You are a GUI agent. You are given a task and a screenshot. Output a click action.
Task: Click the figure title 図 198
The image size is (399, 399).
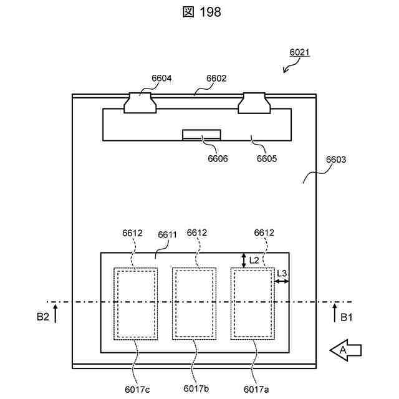pos(199,12)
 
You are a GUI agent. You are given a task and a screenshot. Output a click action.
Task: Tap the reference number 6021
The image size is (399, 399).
pos(300,53)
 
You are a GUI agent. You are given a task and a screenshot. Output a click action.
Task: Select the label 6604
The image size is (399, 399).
pos(161,79)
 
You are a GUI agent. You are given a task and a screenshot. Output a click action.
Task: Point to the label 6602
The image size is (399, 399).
pos(216,79)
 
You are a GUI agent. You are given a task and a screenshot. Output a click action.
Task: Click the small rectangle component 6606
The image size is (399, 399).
pos(201,135)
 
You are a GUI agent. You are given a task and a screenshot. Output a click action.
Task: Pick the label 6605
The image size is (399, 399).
pos(268,158)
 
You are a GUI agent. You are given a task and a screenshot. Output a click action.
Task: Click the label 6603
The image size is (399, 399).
pos(336,160)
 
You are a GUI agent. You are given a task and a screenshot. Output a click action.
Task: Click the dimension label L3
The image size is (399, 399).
pos(282,273)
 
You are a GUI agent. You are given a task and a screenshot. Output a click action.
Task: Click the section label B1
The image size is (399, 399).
pos(347,317)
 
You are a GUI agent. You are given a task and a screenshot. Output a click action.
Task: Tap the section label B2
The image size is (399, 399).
pos(42,317)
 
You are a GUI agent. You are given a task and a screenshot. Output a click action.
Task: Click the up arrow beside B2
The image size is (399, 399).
pos(55,312)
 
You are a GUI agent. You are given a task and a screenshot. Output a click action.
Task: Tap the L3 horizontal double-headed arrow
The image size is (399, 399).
pos(282,282)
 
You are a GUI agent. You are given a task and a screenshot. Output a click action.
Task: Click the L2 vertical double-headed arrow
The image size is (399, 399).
pos(244,260)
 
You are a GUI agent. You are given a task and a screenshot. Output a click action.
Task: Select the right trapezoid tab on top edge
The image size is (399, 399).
pos(256,103)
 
